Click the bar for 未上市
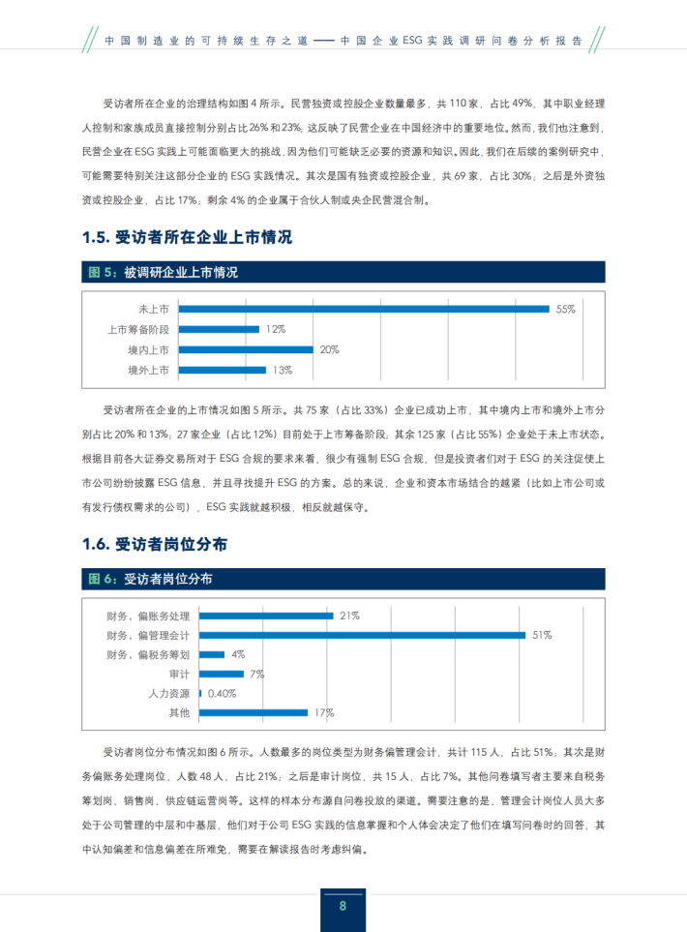pos(363,309)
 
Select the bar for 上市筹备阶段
pos(220,329)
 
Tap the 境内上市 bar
pos(247,349)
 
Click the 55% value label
pos(566,309)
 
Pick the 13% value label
pos(283,370)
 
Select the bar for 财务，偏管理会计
pos(363,635)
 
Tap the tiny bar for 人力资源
pos(200,693)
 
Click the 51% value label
pos(542,635)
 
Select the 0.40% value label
pos(223,693)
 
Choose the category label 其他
pos(180,713)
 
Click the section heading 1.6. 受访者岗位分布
pos(157,545)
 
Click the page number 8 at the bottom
pos(343,906)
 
